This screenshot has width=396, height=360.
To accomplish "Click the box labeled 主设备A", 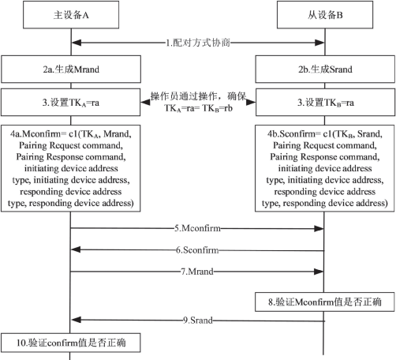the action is [71, 15].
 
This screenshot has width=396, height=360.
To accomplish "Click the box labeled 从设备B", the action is [325, 15].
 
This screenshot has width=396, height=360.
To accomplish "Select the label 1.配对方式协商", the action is [198, 43].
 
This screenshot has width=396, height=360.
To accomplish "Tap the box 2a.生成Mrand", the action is [71, 69].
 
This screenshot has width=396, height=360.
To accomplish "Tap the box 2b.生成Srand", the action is [325, 69].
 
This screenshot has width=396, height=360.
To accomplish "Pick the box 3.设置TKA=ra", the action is [71, 103].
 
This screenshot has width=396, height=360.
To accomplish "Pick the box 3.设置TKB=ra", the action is [326, 103].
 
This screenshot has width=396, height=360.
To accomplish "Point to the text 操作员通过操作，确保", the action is [198, 96].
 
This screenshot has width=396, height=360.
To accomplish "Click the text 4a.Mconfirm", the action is [35, 134].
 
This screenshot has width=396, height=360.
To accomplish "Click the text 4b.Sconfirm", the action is [291, 134].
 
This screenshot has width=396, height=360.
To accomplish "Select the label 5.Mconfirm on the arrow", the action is [197, 228].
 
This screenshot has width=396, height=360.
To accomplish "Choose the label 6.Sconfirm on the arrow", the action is [197, 249].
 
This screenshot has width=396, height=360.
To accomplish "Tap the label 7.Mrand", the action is [197, 272].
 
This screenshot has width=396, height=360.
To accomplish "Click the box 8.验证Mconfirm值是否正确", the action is [325, 302].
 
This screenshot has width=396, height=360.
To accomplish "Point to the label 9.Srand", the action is [198, 321].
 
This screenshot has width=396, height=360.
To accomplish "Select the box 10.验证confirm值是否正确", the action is [71, 343].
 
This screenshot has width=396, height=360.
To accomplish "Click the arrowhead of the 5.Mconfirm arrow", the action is [319, 229].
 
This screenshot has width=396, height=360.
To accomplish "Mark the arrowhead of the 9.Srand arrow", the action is [76, 320].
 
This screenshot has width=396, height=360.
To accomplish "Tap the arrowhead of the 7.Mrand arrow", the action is [319, 272].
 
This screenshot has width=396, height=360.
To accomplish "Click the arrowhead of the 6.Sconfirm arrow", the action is [76, 249].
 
